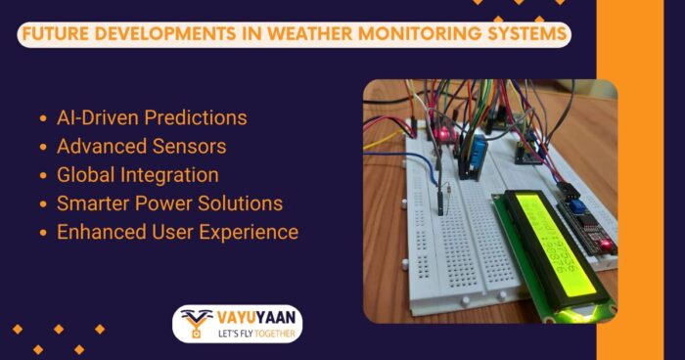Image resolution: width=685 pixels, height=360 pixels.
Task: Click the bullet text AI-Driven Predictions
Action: [152, 118]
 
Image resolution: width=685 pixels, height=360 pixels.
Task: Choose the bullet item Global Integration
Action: [137, 175]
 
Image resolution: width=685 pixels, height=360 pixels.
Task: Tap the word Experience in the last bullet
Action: [251, 232]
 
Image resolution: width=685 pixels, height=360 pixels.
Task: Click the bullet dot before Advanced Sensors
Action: [43, 148]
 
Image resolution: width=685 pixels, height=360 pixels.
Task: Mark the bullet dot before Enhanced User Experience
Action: [43, 233]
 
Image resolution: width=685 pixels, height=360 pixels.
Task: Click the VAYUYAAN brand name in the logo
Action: [251, 318]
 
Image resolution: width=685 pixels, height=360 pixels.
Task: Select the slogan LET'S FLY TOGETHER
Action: [251, 335]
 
